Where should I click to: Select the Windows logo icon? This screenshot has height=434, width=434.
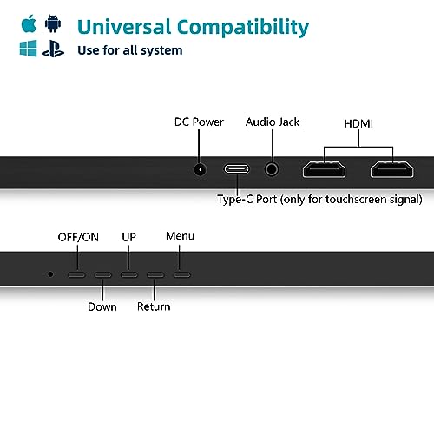click(29, 49)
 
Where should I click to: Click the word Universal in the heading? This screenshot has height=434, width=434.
click(128, 27)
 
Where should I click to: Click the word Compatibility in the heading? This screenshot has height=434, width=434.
click(247, 27)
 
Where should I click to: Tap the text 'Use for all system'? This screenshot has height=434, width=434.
click(130, 50)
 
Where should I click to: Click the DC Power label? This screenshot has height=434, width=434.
click(200, 122)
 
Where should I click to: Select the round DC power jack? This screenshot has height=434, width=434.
click(201, 170)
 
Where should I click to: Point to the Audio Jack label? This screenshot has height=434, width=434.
click(273, 122)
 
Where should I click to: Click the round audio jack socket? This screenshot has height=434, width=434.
click(274, 170)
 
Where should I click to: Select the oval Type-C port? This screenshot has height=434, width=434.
click(237, 170)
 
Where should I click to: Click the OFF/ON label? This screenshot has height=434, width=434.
click(78, 236)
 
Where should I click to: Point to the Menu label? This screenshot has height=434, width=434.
click(180, 236)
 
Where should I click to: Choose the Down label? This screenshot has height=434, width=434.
click(102, 306)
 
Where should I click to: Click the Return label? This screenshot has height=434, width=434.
click(154, 306)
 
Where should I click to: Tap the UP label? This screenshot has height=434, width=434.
click(129, 236)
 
